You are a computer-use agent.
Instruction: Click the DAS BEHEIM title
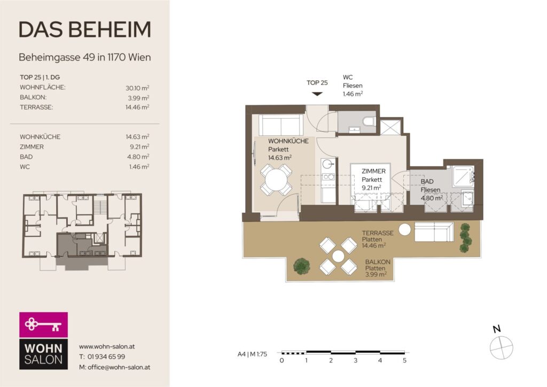click(x=85, y=29)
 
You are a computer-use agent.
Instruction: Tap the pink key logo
click(x=43, y=324)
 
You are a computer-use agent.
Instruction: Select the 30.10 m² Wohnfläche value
click(x=137, y=88)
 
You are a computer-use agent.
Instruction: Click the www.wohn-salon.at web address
click(x=107, y=346)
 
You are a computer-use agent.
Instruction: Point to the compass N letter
click(x=496, y=328)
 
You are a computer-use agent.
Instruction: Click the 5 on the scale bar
click(x=405, y=360)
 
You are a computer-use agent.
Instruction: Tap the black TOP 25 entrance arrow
click(x=317, y=94)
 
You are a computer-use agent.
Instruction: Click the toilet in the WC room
click(x=369, y=121)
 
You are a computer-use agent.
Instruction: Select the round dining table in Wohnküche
click(x=276, y=180)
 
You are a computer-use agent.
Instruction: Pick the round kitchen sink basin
click(x=327, y=164)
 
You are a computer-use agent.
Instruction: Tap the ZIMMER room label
click(x=373, y=172)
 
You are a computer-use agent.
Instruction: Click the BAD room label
click(x=427, y=181)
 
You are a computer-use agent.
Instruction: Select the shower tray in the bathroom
click(x=463, y=176)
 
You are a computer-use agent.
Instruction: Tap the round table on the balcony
click(x=338, y=256)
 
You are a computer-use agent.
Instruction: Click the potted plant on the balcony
click(x=301, y=266)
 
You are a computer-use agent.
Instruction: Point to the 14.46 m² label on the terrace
click(x=373, y=246)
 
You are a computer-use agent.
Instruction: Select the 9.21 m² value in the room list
click(x=139, y=146)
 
